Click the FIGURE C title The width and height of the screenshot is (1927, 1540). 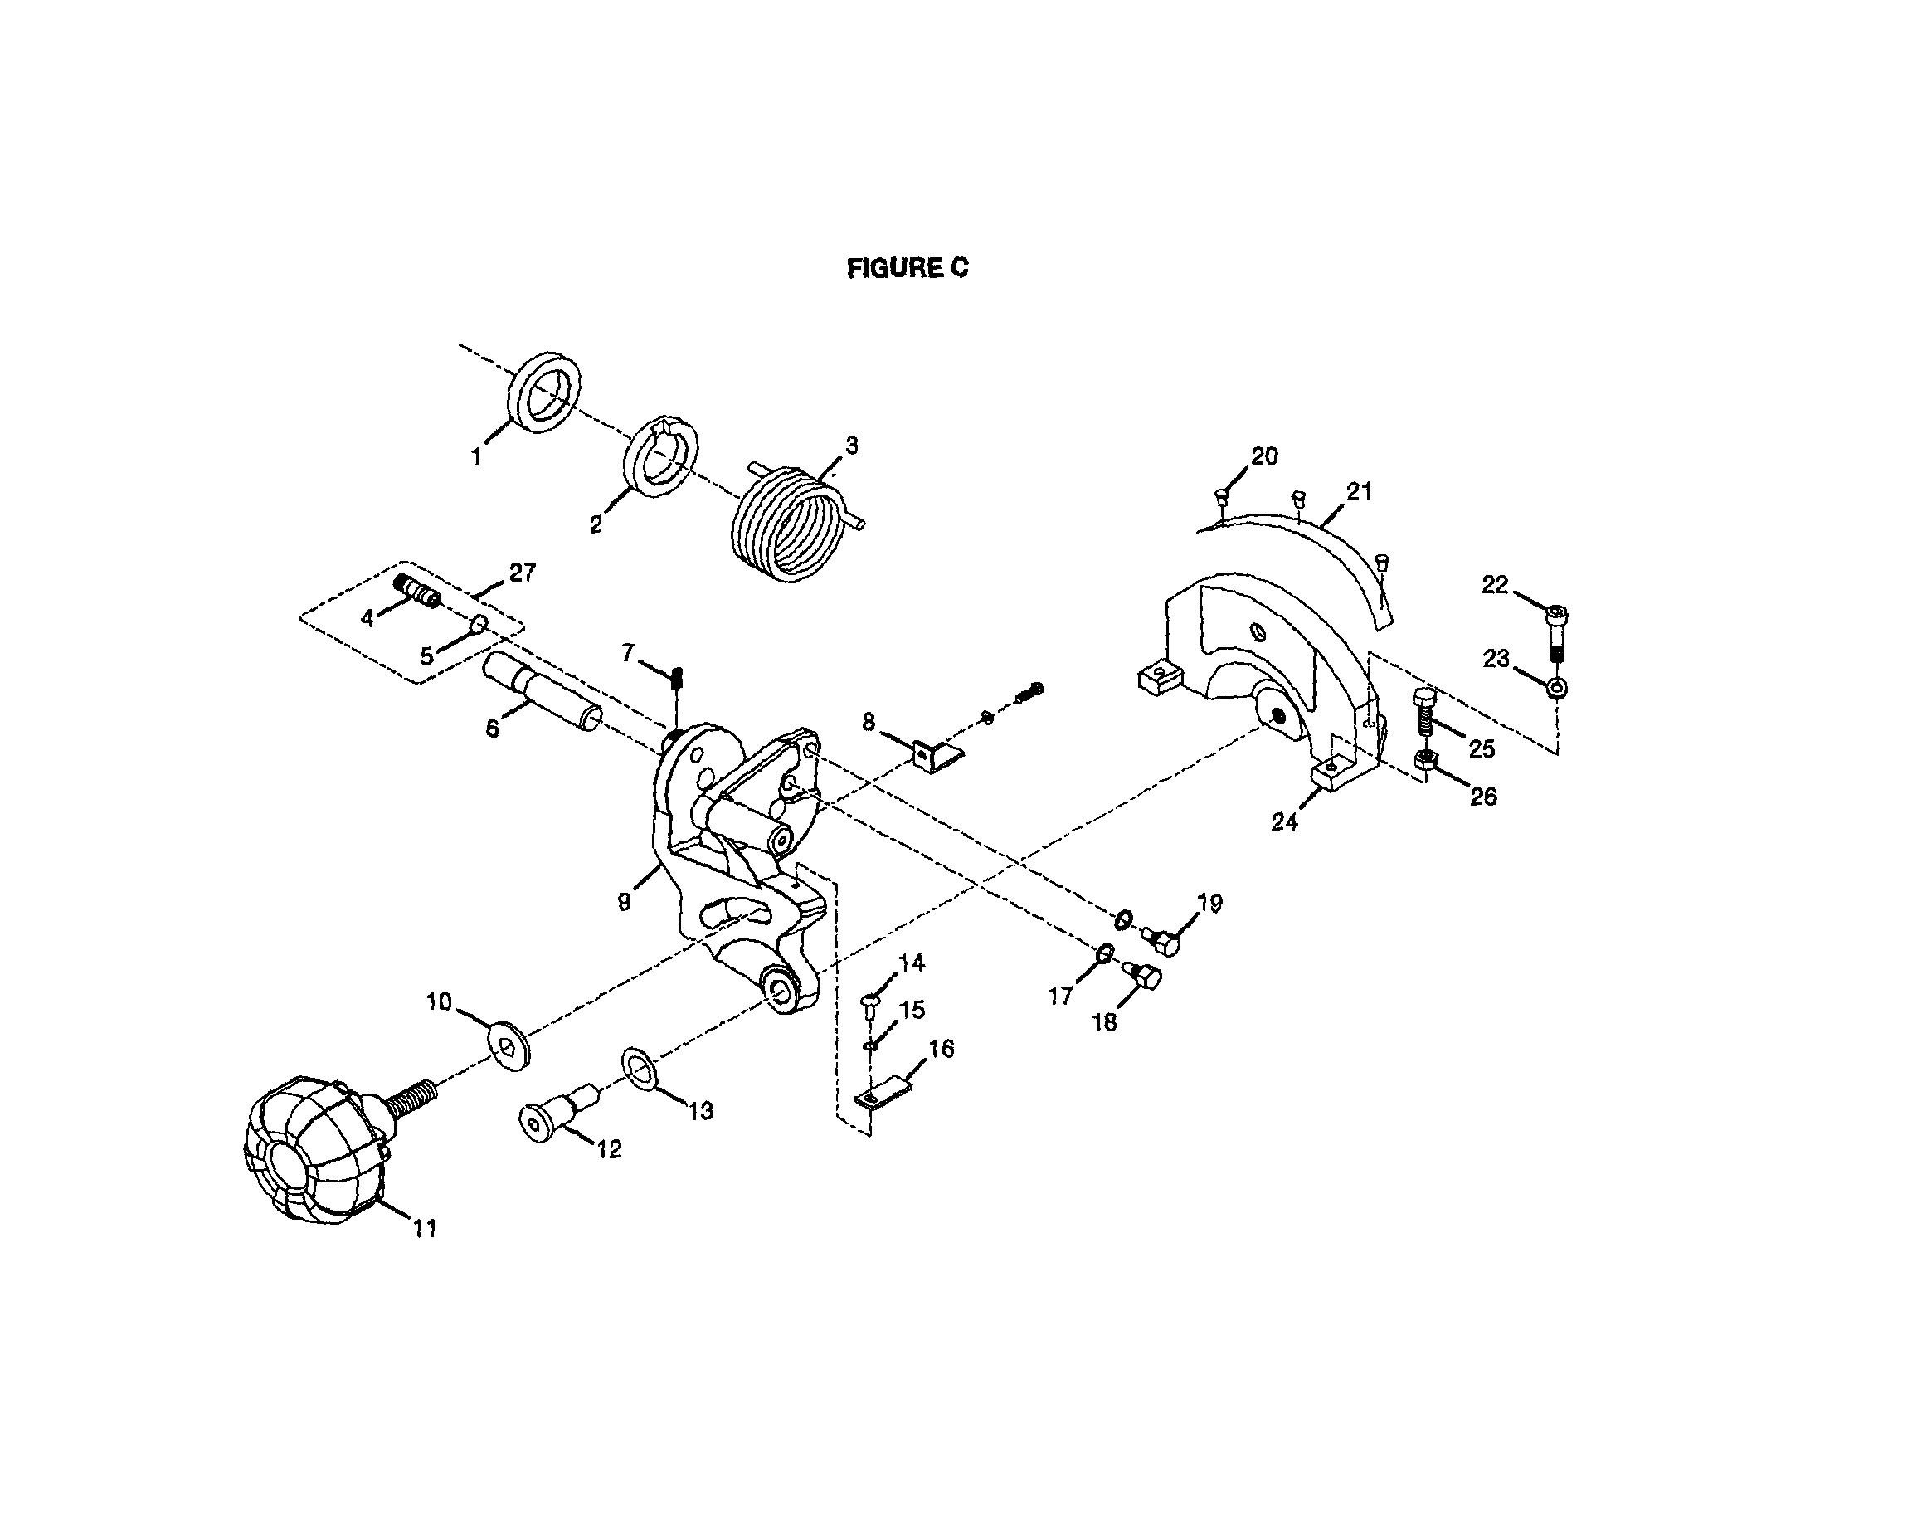pyautogui.click(x=907, y=268)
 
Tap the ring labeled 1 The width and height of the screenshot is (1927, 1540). pyautogui.click(x=544, y=393)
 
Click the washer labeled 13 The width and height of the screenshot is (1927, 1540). pyautogui.click(x=639, y=1067)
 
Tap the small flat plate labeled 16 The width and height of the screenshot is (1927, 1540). pyautogui.click(x=881, y=1095)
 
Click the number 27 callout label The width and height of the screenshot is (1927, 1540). pyautogui.click(x=522, y=572)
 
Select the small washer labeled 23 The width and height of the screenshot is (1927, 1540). pyautogui.click(x=1556, y=686)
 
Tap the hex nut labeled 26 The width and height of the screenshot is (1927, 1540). pyautogui.click(x=1426, y=763)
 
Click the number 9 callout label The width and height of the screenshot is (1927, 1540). pyautogui.click(x=623, y=902)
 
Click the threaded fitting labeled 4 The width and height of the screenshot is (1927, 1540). pyautogui.click(x=416, y=590)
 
